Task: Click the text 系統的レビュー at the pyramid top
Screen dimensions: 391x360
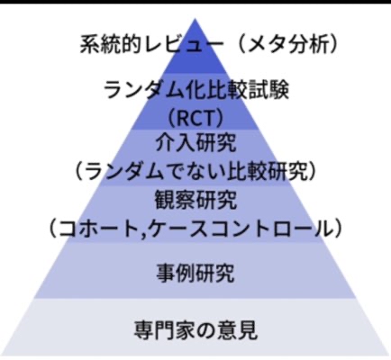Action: [x=152, y=45]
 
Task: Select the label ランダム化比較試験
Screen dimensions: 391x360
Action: [x=196, y=90]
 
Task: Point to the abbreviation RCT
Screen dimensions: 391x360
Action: [x=195, y=119]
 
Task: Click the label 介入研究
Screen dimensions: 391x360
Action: [x=195, y=143]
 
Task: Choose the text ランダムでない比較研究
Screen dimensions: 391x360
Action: [x=195, y=172]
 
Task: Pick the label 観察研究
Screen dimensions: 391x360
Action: [x=195, y=200]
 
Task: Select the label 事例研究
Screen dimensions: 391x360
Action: [x=195, y=274]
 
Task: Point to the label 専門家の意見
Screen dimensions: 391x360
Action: [x=195, y=329]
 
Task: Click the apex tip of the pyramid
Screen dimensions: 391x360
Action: [x=195, y=19]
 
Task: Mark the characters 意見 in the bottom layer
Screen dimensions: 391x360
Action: [x=237, y=329]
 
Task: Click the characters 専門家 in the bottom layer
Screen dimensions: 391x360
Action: [x=165, y=329]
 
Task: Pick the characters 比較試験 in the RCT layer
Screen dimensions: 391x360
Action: [x=248, y=90]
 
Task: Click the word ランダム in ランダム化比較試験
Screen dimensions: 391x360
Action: [x=144, y=90]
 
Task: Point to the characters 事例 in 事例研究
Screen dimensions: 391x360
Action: [x=176, y=274]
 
